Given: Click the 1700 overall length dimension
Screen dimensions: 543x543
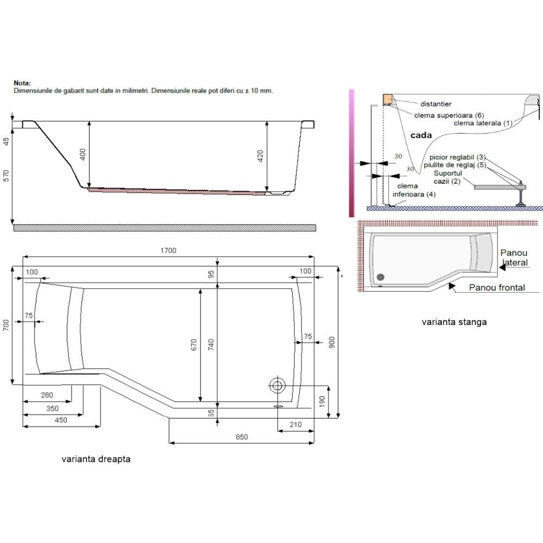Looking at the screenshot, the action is pyautogui.click(x=168, y=250).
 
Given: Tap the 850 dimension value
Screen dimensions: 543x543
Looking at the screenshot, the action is pyautogui.click(x=242, y=437).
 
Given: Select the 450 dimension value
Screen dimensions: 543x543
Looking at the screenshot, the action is pyautogui.click(x=61, y=420).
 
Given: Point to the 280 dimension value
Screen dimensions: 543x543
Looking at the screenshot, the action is pyautogui.click(x=47, y=395).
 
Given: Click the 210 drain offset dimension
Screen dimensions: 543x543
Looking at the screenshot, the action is pyautogui.click(x=295, y=425).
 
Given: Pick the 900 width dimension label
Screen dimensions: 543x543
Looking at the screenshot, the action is pyautogui.click(x=332, y=342).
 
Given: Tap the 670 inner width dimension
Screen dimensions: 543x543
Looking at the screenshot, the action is pyautogui.click(x=194, y=345).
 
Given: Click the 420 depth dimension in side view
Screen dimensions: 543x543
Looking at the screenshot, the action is pyautogui.click(x=261, y=156).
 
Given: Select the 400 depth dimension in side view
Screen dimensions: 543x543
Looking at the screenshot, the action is pyautogui.click(x=83, y=154).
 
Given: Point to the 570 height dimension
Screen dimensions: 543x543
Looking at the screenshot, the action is pyautogui.click(x=6, y=175).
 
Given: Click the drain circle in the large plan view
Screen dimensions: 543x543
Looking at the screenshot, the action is pyautogui.click(x=277, y=385).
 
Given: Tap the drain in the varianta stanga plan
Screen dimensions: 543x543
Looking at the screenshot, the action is pyautogui.click(x=381, y=277).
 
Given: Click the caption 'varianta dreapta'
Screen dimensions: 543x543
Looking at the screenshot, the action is pyautogui.click(x=96, y=459).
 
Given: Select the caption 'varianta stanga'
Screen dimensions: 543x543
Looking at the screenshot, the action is pyautogui.click(x=454, y=322).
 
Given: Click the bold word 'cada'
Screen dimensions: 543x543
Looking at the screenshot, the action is pyautogui.click(x=421, y=135).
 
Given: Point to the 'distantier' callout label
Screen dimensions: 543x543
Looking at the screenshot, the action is pyautogui.click(x=435, y=104).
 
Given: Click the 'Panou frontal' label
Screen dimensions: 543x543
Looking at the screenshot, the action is pyautogui.click(x=497, y=287).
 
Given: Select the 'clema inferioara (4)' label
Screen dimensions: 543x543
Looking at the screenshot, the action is pyautogui.click(x=414, y=190).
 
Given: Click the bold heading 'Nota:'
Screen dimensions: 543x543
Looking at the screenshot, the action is pyautogui.click(x=22, y=83).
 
